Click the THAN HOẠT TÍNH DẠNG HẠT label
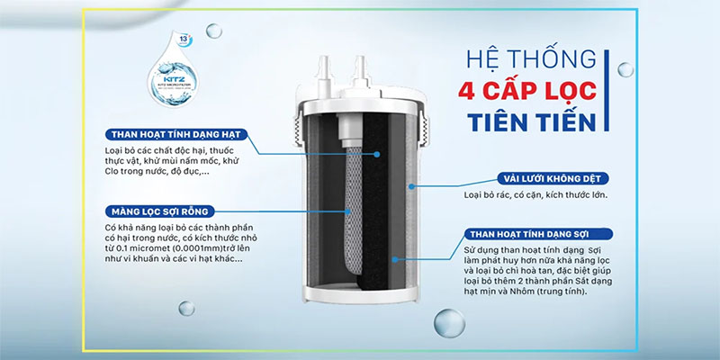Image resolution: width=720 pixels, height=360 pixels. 175,135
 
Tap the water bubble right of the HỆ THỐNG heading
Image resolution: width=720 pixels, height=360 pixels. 625,69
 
